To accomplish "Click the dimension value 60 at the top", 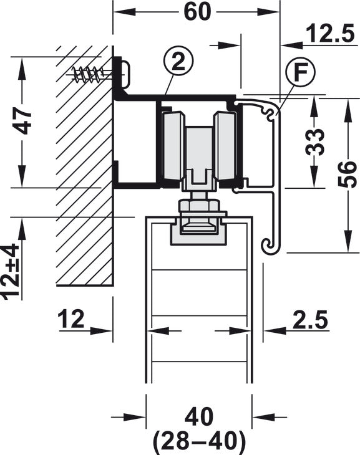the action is tap(197, 12).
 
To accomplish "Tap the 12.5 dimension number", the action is tap(330, 34).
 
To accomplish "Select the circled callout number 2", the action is tap(178, 62).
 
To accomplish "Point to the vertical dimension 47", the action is tap(22, 120).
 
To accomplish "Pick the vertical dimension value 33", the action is tap(314, 142).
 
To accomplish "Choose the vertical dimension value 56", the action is tap(347, 175).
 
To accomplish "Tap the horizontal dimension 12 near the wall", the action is tap(71, 318).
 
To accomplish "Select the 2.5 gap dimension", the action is tap(310, 319).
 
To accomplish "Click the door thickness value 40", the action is tap(199, 416).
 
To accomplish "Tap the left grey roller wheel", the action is tap(173, 148).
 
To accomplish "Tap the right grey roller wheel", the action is tap(226, 148).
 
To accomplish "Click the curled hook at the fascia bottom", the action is tap(270, 246).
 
